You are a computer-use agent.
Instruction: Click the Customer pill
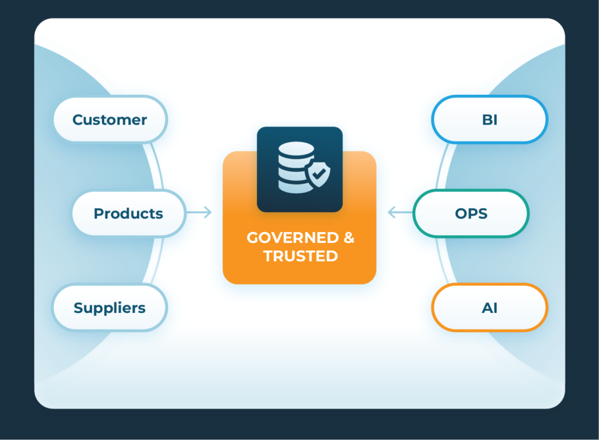(x=110, y=119)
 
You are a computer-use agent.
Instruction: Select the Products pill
(x=128, y=214)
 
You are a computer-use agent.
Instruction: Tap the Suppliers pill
(x=109, y=308)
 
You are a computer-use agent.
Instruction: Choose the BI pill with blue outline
(x=490, y=119)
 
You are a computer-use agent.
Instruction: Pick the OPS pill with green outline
(x=471, y=214)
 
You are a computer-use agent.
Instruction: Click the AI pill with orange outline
(x=490, y=308)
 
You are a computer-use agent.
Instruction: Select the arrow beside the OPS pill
(x=400, y=212)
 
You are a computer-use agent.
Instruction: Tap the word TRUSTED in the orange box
(x=300, y=256)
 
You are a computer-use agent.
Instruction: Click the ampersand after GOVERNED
(x=349, y=238)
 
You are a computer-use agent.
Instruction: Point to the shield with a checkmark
(x=316, y=174)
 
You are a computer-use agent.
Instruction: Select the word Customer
(x=110, y=120)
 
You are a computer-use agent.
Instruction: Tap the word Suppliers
(x=109, y=308)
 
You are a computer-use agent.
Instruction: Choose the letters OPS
(x=471, y=214)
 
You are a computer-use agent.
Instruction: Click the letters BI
(x=490, y=119)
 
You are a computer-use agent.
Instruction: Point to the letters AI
(x=490, y=308)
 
